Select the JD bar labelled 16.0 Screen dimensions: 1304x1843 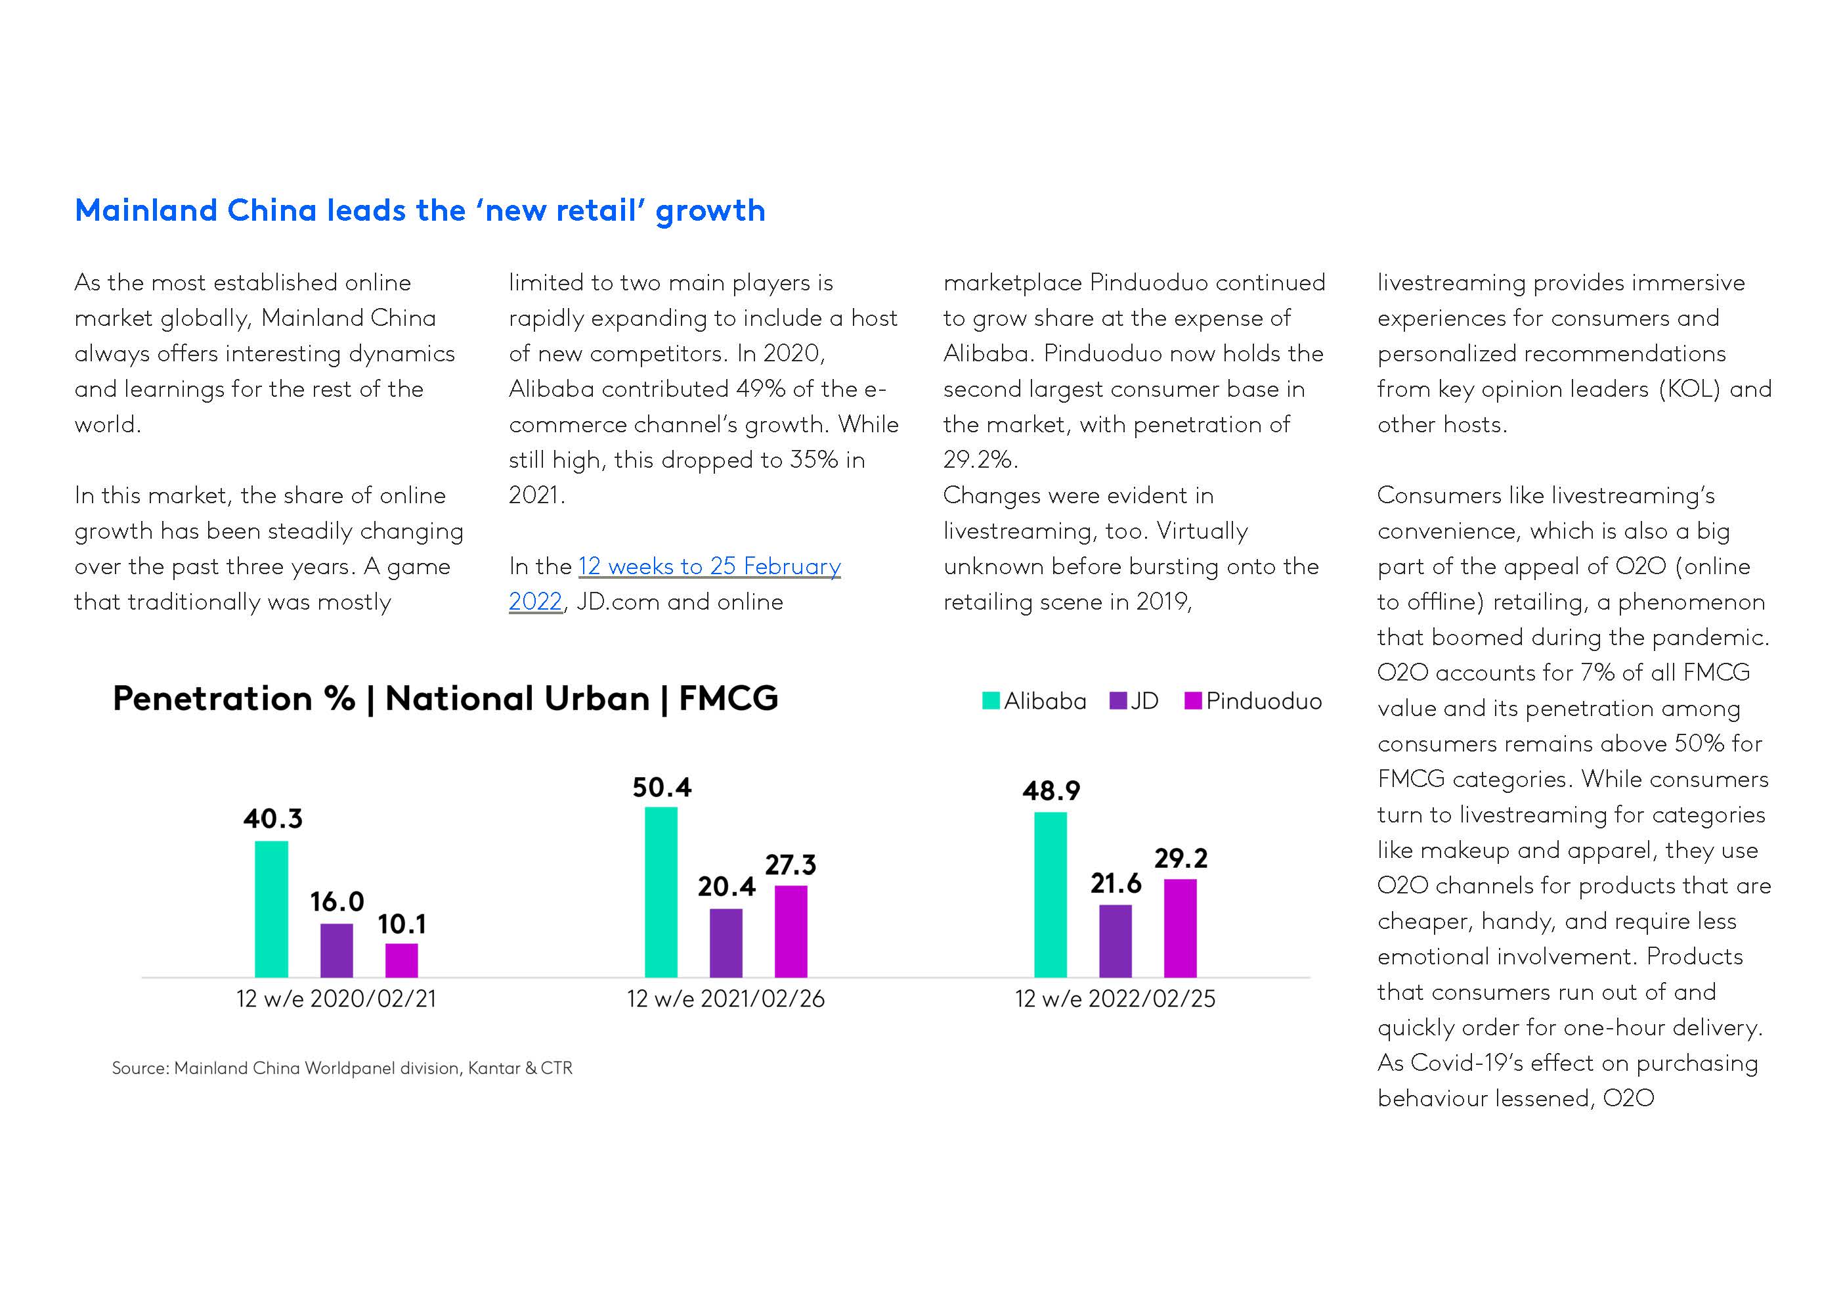point(336,950)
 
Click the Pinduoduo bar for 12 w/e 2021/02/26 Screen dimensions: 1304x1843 point(791,931)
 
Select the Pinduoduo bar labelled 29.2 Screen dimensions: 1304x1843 point(1180,928)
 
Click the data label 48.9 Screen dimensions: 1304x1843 point(1051,791)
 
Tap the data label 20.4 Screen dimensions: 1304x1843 point(726,886)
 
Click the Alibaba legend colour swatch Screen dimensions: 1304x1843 point(991,701)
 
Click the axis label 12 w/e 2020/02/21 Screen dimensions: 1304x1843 point(336,999)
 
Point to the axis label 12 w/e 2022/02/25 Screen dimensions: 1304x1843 point(1115,999)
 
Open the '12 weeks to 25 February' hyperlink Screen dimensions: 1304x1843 point(709,566)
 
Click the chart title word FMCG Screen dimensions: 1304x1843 point(728,698)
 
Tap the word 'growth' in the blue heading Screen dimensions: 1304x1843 point(710,210)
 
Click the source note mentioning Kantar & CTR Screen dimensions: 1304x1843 point(342,1068)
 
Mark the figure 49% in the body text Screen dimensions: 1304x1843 point(760,389)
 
